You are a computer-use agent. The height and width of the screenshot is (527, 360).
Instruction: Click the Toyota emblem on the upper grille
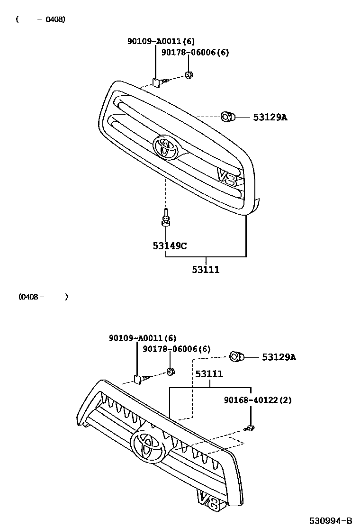pyautogui.click(x=166, y=147)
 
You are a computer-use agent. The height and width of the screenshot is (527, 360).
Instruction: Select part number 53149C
pyautogui.click(x=170, y=245)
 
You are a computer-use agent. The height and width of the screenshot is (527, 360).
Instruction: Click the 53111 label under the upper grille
pyautogui.click(x=206, y=270)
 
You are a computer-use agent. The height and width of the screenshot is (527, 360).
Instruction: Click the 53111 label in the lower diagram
pyautogui.click(x=209, y=374)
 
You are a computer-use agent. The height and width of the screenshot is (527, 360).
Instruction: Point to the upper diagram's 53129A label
pyautogui.click(x=270, y=117)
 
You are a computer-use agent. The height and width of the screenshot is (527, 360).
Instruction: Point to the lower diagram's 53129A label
pyautogui.click(x=279, y=357)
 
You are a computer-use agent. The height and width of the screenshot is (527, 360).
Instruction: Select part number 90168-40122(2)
pyautogui.click(x=258, y=400)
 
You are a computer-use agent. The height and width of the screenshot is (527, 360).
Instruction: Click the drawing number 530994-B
pyautogui.click(x=331, y=520)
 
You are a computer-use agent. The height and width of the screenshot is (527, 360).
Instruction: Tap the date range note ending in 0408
pyautogui.click(x=41, y=19)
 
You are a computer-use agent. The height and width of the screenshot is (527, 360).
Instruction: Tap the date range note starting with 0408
pyautogui.click(x=43, y=297)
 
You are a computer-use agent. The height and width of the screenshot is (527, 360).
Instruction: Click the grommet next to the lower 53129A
pyautogui.click(x=235, y=356)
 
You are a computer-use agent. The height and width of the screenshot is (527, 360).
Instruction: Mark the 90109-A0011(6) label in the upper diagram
pyautogui.click(x=161, y=41)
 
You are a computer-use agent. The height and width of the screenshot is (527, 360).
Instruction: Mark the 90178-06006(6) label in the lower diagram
pyautogui.click(x=177, y=349)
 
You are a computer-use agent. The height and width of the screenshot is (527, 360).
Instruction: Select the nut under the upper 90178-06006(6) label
pyautogui.click(x=189, y=75)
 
